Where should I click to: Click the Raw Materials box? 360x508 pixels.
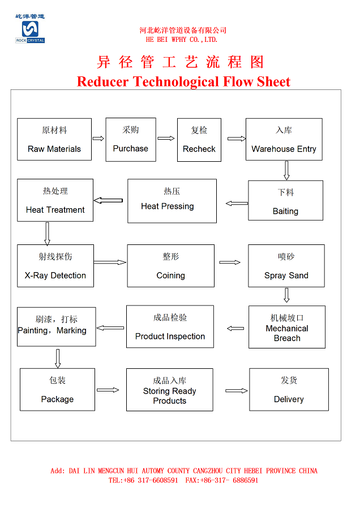(54, 139)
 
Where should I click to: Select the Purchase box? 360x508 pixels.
(131, 139)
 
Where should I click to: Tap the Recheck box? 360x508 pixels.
(199, 140)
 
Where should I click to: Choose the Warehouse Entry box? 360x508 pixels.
(284, 140)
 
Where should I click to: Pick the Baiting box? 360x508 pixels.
(285, 200)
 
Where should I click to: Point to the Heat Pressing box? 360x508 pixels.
(172, 201)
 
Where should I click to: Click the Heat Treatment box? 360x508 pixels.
(55, 200)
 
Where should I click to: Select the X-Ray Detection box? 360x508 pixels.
(55, 266)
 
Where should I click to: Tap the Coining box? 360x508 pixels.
(170, 266)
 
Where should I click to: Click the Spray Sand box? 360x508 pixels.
(286, 266)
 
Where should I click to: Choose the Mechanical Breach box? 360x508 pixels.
(287, 327)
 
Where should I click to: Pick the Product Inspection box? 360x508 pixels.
(170, 326)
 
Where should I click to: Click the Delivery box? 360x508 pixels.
(289, 390)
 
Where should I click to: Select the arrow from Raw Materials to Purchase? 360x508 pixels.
(98, 139)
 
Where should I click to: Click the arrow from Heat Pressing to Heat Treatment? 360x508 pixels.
(108, 200)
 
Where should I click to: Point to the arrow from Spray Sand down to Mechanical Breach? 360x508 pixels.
(286, 295)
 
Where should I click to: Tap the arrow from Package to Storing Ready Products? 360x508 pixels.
(108, 390)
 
